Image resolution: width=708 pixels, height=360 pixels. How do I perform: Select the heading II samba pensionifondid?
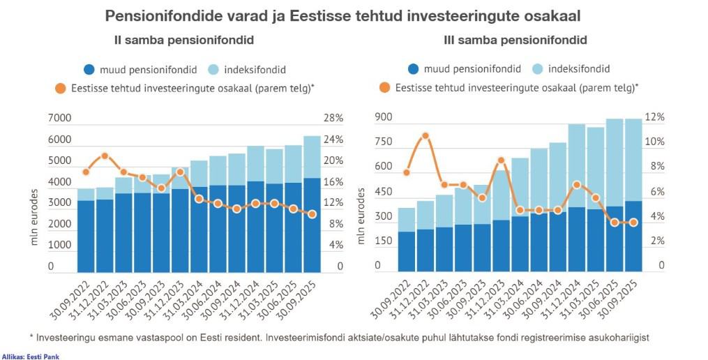point(183,40)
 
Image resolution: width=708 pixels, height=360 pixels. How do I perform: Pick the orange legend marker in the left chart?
point(60,89)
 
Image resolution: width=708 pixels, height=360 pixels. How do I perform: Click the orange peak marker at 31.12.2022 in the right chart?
point(425,136)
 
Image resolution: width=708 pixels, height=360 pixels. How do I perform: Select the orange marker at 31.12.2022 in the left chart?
point(105,156)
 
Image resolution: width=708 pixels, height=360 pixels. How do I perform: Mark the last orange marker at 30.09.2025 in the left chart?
point(312,214)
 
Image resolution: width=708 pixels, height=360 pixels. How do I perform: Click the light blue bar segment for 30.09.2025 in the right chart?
point(633,160)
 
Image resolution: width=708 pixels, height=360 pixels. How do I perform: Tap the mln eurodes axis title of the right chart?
point(361,216)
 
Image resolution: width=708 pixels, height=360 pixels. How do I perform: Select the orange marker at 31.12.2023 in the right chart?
point(501,161)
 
